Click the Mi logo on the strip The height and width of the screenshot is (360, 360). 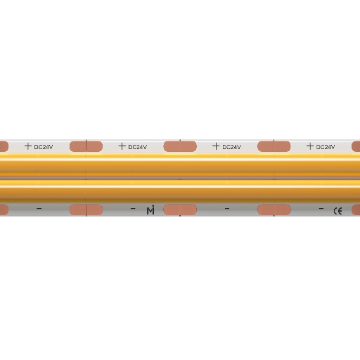click(x=150, y=210)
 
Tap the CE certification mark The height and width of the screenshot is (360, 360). click(x=337, y=211)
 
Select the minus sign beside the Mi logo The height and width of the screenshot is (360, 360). click(x=133, y=208)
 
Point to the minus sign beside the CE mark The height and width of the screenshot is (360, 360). click(x=321, y=208)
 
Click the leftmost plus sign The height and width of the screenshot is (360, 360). click(x=28, y=146)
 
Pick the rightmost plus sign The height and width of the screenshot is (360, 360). click(x=310, y=146)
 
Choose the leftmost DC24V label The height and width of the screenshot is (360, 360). click(x=44, y=147)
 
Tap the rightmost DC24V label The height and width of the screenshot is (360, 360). click(x=326, y=147)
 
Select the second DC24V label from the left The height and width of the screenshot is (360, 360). click(x=138, y=147)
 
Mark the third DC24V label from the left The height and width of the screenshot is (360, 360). click(x=231, y=147)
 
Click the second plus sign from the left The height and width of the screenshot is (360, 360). click(x=122, y=146)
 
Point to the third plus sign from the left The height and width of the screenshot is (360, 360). click(x=216, y=146)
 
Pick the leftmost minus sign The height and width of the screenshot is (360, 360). click(x=39, y=208)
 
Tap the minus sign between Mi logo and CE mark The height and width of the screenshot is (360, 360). click(x=227, y=208)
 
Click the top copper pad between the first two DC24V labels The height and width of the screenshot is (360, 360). click(x=86, y=146)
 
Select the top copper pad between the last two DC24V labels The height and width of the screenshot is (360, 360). click(x=274, y=146)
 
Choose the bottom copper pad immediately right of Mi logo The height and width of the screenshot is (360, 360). click(x=180, y=210)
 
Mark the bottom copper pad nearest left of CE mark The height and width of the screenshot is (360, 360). click(x=274, y=210)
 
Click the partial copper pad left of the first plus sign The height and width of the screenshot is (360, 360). click(x=4, y=146)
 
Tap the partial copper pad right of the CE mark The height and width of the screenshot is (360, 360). click(x=356, y=210)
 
